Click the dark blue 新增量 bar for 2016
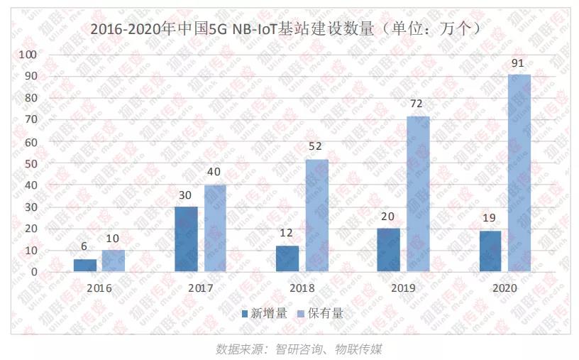tap(85, 266)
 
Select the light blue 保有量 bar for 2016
tap(113, 261)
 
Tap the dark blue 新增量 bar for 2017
tap(186, 239)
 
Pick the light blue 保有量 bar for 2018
tap(316, 216)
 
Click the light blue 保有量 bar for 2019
tap(417, 194)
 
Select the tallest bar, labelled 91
tap(519, 173)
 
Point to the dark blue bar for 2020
tap(490, 251)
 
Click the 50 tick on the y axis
tap(31, 164)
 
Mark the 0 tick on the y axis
tap(34, 272)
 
